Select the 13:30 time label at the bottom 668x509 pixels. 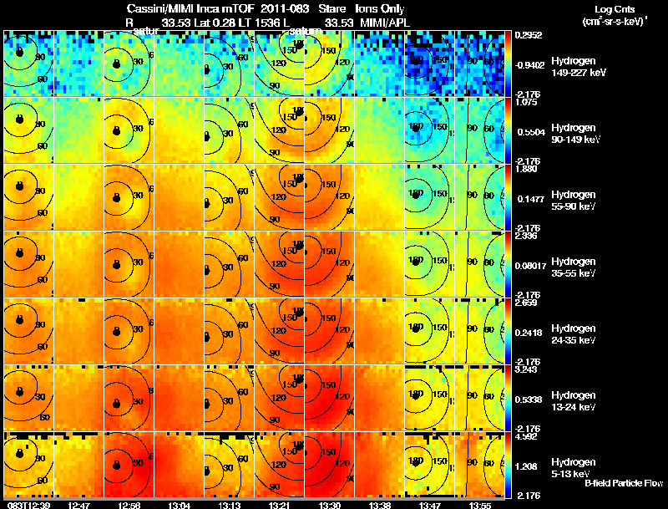[329, 505]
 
